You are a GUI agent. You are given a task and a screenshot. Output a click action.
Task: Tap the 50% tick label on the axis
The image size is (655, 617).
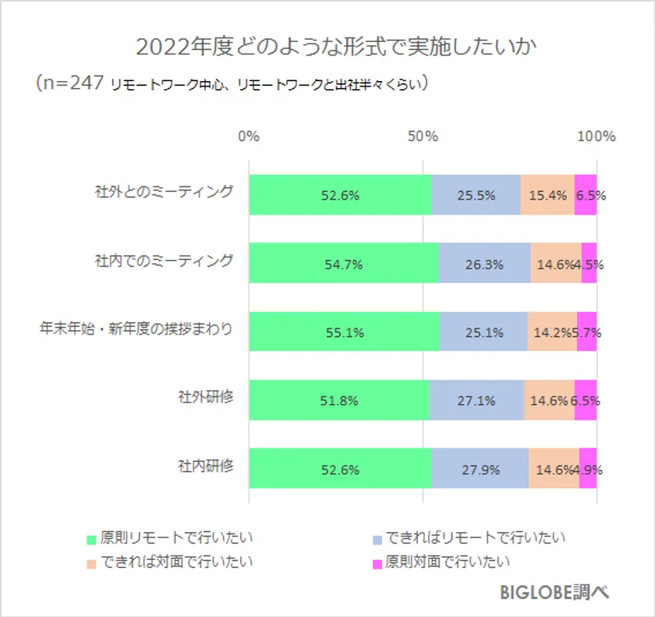pos(423,137)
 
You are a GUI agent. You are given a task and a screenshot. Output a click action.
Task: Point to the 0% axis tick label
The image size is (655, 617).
pos(249,137)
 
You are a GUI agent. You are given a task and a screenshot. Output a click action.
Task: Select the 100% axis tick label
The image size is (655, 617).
pos(597,137)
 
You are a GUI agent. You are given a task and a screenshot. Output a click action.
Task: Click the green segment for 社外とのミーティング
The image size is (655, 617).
pos(340,196)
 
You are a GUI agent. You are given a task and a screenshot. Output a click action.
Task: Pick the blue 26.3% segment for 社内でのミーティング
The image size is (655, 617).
pos(484,264)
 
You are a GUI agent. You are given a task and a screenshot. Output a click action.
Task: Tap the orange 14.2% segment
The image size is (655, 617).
pos(552,332)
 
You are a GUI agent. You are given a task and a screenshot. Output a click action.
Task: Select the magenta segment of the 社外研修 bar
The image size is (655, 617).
pos(586,401)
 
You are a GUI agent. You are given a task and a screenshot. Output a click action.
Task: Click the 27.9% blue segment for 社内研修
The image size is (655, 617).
pos(480,470)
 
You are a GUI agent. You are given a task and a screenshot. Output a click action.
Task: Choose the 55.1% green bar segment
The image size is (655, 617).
pos(344,332)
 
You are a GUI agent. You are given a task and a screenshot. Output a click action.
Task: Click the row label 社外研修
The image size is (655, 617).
pos(206,397)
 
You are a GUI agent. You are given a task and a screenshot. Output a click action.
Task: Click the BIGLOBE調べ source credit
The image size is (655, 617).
pos(554,592)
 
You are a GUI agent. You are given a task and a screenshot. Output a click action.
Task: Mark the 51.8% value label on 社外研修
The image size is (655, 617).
pos(339,401)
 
